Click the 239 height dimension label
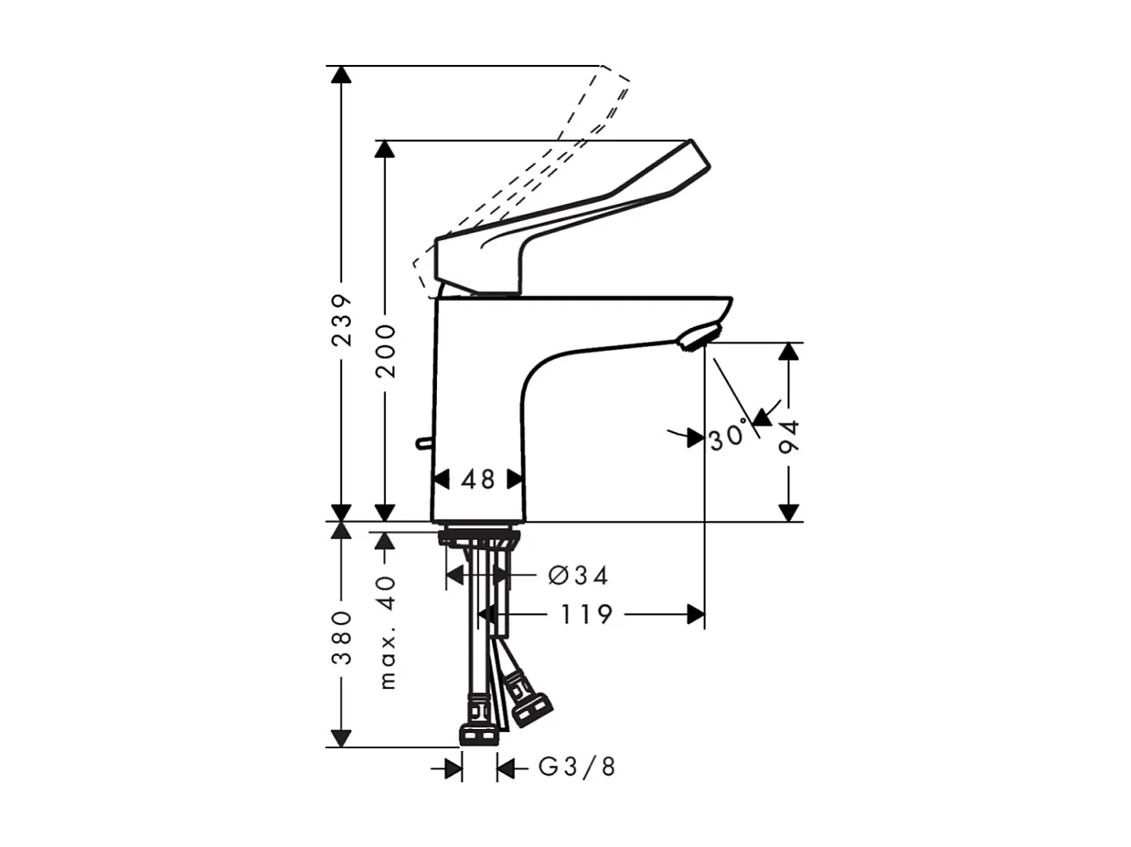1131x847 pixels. pos(341,319)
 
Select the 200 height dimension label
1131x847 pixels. pos(386,351)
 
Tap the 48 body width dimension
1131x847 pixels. pos(477,479)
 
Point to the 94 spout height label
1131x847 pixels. pos(789,438)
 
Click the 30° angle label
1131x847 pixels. pos(728,438)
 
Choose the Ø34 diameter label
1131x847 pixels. pos(578,576)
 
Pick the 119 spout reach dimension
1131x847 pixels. pos(586,615)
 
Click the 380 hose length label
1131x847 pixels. pos(341,637)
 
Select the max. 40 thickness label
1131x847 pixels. pos(387,630)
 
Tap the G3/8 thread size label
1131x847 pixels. pos(577,768)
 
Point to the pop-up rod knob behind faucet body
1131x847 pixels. pos(421,443)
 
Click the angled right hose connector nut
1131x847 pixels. pos(529,706)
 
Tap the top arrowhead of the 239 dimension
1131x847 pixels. pos(341,74)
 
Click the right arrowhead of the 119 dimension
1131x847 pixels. pos(697,615)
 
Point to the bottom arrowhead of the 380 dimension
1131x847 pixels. pos(341,738)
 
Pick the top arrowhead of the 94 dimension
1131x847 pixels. pos(789,352)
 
